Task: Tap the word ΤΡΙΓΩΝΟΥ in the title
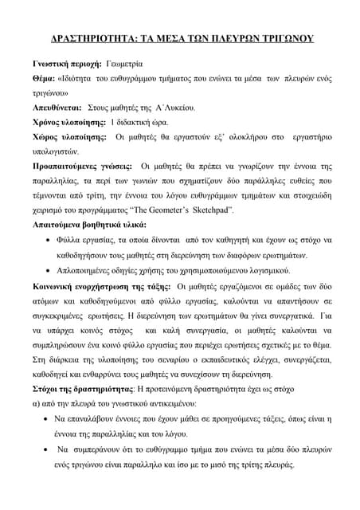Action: pos(283,37)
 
